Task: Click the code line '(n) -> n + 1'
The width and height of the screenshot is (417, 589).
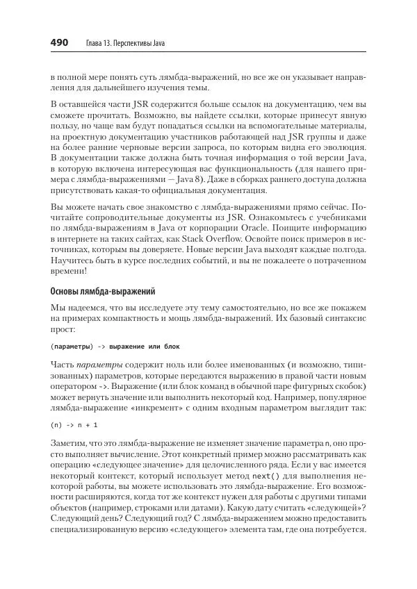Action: pos(74,424)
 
